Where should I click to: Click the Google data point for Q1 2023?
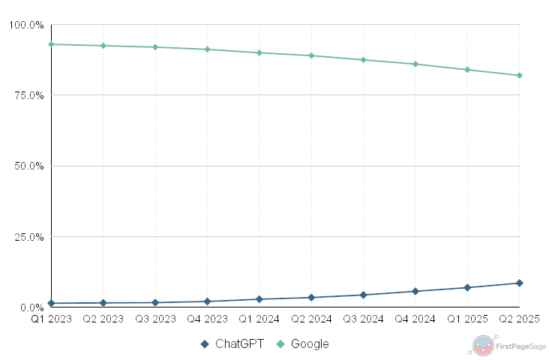point(51,44)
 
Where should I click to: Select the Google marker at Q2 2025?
point(519,75)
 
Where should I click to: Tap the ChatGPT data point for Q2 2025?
point(519,283)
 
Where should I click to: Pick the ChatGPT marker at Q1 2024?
point(259,299)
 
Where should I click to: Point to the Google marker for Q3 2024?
point(363,59)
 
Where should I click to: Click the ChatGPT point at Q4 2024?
point(415,291)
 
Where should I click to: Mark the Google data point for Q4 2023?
point(207,49)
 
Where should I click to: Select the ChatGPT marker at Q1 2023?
point(51,303)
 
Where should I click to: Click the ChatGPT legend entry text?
point(239,344)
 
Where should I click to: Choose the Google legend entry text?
point(309,344)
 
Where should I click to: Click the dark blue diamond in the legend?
point(204,344)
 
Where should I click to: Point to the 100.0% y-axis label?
point(26,25)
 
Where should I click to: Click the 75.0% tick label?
point(28,95)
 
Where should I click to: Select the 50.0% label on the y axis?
point(28,166)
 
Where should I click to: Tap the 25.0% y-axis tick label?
point(28,237)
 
